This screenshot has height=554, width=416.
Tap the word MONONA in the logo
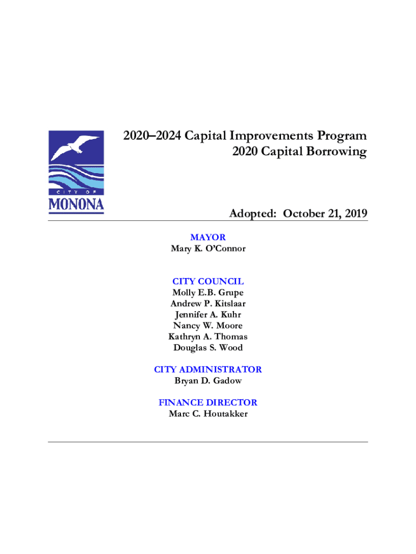76,205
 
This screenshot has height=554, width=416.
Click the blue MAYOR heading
208,238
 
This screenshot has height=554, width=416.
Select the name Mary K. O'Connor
208,249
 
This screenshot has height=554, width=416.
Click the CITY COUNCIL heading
208,281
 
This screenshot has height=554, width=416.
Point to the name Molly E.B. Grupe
208,293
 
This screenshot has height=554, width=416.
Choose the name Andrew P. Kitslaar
208,304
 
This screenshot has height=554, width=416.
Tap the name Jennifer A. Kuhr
208,314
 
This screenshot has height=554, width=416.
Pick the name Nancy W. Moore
208,326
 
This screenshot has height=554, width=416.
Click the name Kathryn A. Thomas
208,337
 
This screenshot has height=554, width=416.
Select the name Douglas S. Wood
208,347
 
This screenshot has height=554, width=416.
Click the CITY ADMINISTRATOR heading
208,370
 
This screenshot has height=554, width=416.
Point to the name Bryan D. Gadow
208,380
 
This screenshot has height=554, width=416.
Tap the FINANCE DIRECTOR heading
208,403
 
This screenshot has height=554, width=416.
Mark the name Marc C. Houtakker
208,414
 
